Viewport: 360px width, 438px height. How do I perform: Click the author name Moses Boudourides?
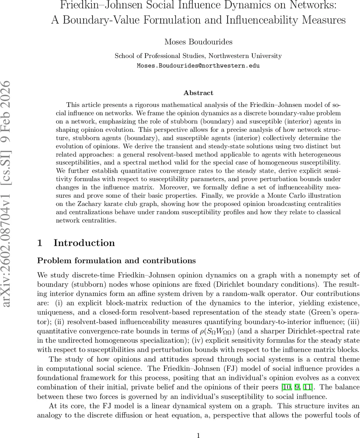pyautogui.click(x=198, y=42)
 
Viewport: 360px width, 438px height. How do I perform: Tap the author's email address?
pyautogui.click(x=198, y=66)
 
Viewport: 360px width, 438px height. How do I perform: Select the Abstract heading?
pyautogui.click(x=198, y=93)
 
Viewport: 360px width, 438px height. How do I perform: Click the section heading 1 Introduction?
pyautogui.click(x=76, y=243)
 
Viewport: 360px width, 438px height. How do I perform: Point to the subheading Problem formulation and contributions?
pyautogui.click(x=116, y=261)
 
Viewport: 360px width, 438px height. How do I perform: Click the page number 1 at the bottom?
pyautogui.click(x=198, y=425)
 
